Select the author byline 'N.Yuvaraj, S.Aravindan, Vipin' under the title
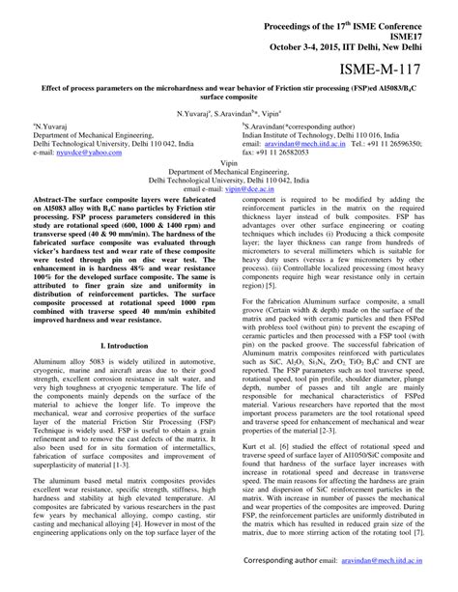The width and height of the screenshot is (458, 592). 229,113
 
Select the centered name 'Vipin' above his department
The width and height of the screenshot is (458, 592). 229,163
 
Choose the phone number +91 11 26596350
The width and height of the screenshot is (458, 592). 398,145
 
